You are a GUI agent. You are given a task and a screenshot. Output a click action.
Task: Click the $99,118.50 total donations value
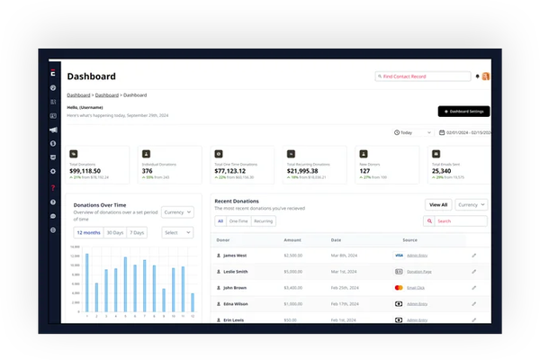91,170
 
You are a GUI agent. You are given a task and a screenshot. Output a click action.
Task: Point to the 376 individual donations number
147,170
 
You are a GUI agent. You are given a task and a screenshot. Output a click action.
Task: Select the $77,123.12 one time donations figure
237,170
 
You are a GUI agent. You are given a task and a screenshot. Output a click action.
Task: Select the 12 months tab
88,232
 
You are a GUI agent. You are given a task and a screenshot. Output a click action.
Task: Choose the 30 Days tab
114,232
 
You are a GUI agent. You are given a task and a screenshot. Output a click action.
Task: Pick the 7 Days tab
137,232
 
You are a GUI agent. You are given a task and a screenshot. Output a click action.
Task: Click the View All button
438,204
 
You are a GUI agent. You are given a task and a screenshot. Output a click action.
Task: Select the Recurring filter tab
265,220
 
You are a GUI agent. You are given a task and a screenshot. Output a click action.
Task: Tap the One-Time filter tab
238,220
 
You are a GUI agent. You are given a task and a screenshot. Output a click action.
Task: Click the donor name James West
237,256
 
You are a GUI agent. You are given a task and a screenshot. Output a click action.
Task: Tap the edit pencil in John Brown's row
474,287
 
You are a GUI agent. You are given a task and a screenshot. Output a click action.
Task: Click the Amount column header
292,240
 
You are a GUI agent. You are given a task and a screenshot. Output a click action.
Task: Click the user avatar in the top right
486,76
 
